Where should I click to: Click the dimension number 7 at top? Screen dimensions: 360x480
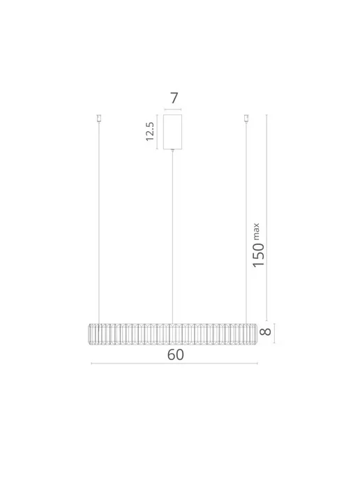coord(174,98)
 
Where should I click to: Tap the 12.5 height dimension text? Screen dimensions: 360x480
coord(150,131)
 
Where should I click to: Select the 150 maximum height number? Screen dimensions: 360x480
coord(258,255)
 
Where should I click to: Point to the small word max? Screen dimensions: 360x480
coord(256,231)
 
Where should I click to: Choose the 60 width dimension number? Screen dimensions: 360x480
coord(175,355)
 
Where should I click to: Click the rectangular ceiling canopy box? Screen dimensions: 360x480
coord(172,132)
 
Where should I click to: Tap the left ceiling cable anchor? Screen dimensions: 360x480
coord(98,119)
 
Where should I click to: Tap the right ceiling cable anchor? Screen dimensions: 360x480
coord(246,119)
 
